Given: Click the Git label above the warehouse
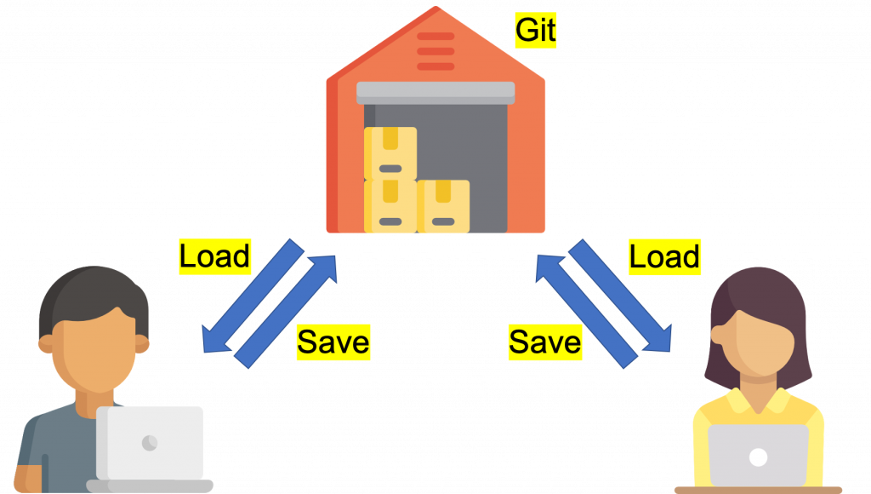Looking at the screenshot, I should click(x=536, y=32).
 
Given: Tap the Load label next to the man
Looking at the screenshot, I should click(x=215, y=256).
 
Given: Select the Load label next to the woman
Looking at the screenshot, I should click(x=664, y=256).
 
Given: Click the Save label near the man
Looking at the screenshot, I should click(x=333, y=342).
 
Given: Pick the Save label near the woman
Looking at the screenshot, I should click(x=544, y=342).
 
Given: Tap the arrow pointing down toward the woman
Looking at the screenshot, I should click(x=625, y=298).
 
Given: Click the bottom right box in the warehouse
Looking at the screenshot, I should click(x=442, y=206).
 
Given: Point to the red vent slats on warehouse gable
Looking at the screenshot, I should click(x=435, y=51).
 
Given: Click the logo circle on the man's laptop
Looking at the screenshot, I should click(x=150, y=443).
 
